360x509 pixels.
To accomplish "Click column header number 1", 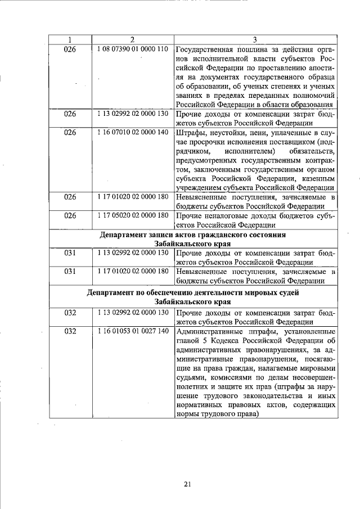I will click(x=69, y=39).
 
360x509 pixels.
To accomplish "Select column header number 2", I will click(x=132, y=39).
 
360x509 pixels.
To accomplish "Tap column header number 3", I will click(x=255, y=39).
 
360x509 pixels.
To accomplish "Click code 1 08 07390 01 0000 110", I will click(x=132, y=49).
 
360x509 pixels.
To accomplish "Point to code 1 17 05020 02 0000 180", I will click(x=132, y=215).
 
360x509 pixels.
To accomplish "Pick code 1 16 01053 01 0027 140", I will click(x=132, y=331).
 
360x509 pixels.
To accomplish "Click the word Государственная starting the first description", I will click(x=204, y=49).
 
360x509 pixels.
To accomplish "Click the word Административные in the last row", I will click(x=209, y=331).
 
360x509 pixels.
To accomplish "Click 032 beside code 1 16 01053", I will click(x=69, y=331).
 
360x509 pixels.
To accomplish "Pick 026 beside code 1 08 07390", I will click(x=69, y=49).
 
